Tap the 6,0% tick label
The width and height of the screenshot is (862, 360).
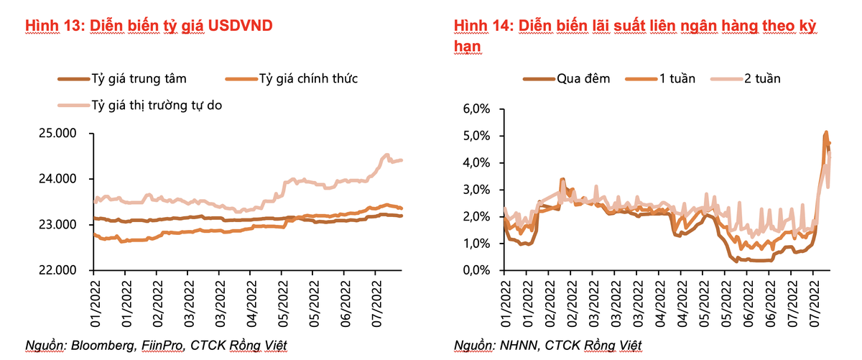click(x=476, y=109)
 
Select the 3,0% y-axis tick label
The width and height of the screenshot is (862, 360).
click(x=476, y=190)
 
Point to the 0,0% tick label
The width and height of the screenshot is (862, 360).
click(x=476, y=270)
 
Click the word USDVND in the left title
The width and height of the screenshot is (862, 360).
click(x=239, y=26)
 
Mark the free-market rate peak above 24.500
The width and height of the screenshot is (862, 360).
click(x=386, y=154)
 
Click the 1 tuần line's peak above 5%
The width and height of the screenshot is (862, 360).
click(x=826, y=132)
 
